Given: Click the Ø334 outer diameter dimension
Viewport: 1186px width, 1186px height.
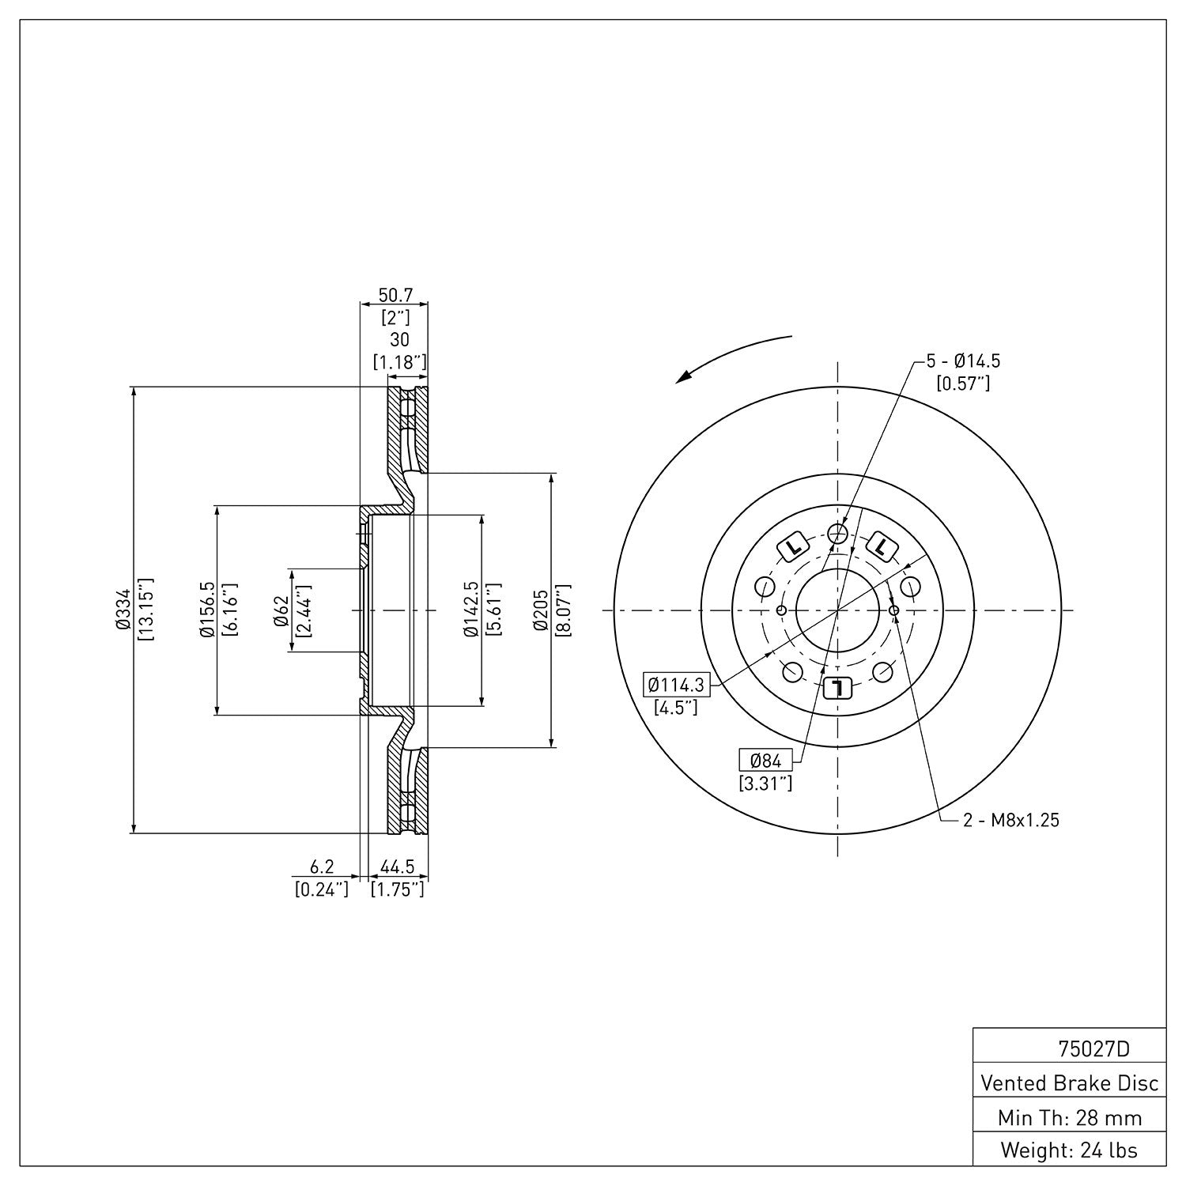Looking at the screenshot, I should pyautogui.click(x=121, y=610).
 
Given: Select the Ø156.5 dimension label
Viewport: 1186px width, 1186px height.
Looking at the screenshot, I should pyautogui.click(x=206, y=610).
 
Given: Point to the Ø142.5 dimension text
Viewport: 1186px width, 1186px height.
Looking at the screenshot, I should pyautogui.click(x=472, y=610).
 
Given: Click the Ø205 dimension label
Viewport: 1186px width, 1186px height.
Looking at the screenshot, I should pyautogui.click(x=541, y=610).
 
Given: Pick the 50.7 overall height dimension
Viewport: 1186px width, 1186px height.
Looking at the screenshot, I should pyautogui.click(x=395, y=296).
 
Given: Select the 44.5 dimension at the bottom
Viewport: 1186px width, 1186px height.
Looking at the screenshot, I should pyautogui.click(x=398, y=867).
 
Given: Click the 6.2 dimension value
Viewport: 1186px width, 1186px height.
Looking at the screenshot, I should pyautogui.click(x=321, y=867).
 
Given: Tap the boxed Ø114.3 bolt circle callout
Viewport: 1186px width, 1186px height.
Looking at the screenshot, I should pyautogui.click(x=675, y=685).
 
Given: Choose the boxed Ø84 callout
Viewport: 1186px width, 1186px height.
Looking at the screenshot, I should pyautogui.click(x=765, y=761).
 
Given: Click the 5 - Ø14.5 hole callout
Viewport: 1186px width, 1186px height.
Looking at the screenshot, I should pyautogui.click(x=963, y=361).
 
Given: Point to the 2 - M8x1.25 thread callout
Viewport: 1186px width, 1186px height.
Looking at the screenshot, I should pyautogui.click(x=1010, y=821).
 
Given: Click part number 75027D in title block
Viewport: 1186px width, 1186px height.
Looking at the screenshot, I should pyautogui.click(x=1093, y=1049).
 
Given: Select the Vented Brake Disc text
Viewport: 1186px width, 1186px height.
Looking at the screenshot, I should pyautogui.click(x=1069, y=1082).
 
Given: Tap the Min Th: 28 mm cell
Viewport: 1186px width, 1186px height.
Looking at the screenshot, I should pyautogui.click(x=1069, y=1117).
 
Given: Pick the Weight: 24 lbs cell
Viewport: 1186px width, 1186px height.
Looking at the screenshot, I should pyautogui.click(x=1069, y=1150).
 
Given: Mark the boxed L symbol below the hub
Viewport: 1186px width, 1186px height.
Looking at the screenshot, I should pyautogui.click(x=837, y=688).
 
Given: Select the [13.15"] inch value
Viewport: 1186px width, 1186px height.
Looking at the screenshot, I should pyautogui.click(x=145, y=610).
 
